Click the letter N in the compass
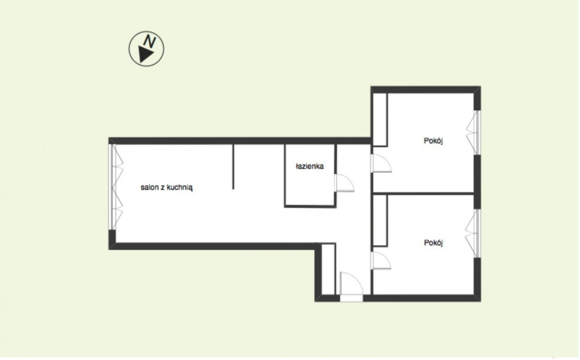[150, 42]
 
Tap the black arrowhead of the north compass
[145, 54]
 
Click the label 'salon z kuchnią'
[166, 187]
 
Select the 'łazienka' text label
[310, 166]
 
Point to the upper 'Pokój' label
[433, 141]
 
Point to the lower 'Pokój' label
[433, 243]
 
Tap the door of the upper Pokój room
[381, 163]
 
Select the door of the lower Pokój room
[381, 260]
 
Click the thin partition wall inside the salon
[233, 167]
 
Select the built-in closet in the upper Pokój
[380, 120]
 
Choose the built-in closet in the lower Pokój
[380, 220]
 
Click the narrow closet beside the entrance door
[328, 269]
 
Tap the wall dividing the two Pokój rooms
[423, 193]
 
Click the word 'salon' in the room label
[149, 187]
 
